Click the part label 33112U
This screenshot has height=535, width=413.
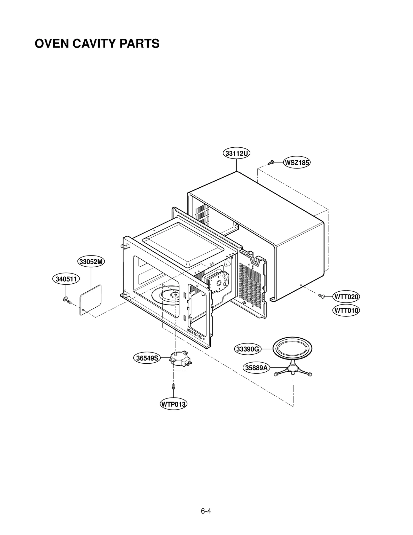(x=236, y=154)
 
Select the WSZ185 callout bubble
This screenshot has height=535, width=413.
(x=297, y=163)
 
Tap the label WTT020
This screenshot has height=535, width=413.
(x=346, y=297)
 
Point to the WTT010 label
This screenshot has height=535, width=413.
(x=346, y=310)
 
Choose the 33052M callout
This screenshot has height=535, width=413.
(x=91, y=262)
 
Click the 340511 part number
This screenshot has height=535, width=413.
(x=66, y=279)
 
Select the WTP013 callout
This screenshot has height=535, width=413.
(x=173, y=404)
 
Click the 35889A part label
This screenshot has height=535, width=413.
(x=256, y=368)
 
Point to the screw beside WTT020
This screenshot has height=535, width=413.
(x=321, y=296)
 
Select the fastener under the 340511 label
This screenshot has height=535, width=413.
(x=66, y=300)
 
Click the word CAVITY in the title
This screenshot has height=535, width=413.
(x=93, y=44)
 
